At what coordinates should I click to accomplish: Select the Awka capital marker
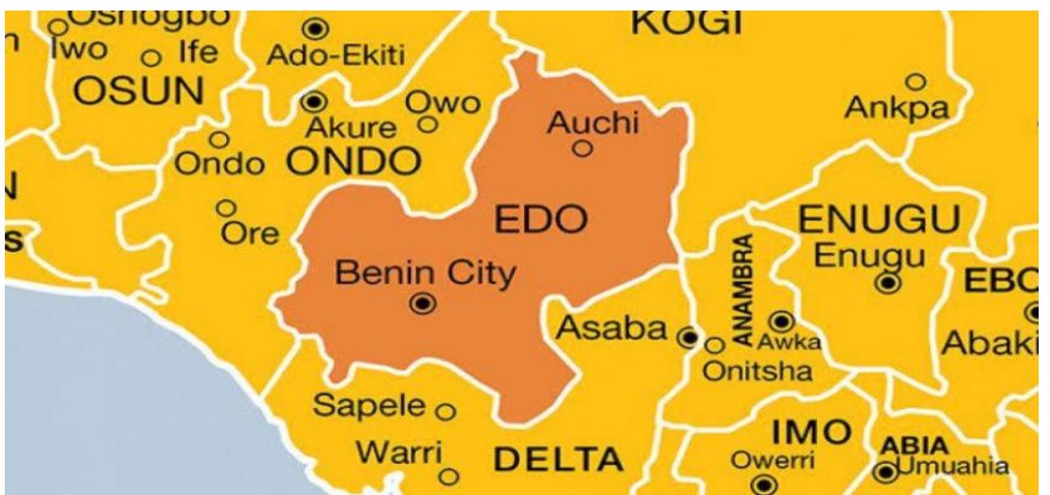[782, 321]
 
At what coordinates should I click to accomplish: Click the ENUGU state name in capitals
[880, 220]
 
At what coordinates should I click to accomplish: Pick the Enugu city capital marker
[889, 283]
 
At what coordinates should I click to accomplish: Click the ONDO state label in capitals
[353, 162]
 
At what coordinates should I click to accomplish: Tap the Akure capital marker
[313, 102]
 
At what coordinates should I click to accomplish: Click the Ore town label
[249, 234]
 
